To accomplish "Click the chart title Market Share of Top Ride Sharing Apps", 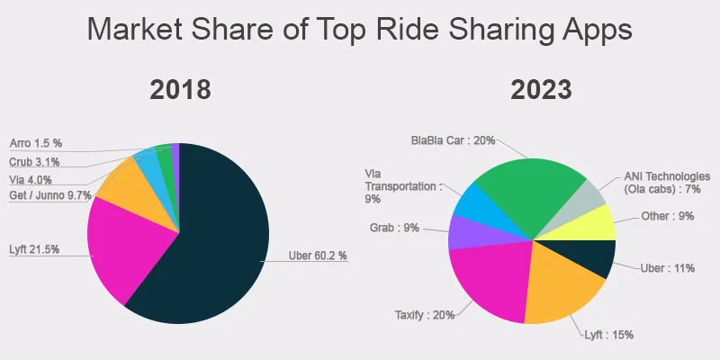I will tap(360, 30).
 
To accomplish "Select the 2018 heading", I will tap(180, 90).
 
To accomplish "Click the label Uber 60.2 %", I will tap(317, 256).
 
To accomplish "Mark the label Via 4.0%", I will tap(31, 179).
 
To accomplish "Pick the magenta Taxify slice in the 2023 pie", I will tap(486, 279).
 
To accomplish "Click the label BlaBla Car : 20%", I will tap(453, 141).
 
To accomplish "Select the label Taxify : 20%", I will tap(424, 315).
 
